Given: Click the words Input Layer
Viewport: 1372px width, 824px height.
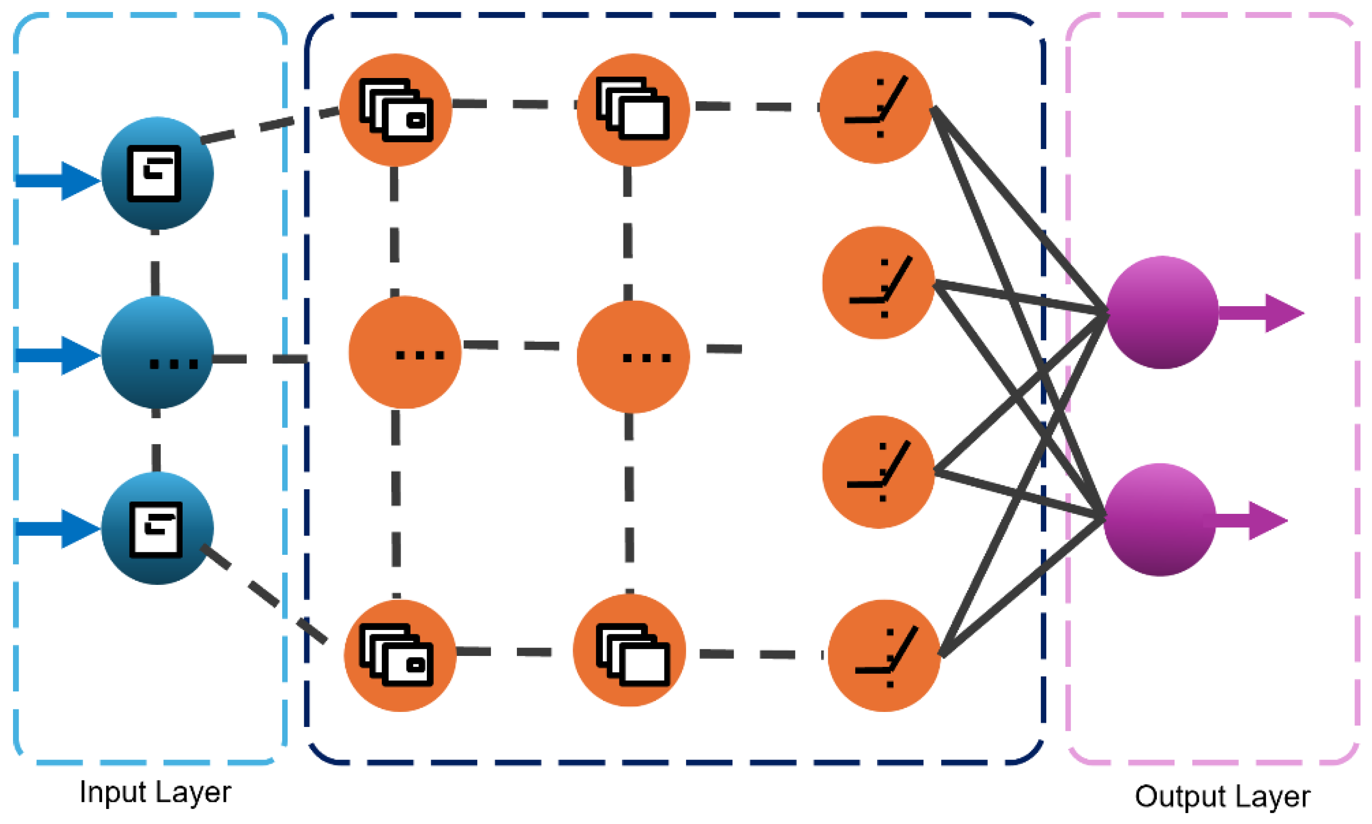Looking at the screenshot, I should coord(155,792).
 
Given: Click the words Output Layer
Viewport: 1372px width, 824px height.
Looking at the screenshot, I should coord(1222,796).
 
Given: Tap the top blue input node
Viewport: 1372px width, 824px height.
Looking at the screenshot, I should coord(157,173).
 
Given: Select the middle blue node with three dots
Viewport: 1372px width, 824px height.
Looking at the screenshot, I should coord(157,353).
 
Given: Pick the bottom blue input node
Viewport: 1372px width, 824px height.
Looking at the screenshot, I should coord(157,528).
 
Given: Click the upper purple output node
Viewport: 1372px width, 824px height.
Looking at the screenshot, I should coord(1162,312).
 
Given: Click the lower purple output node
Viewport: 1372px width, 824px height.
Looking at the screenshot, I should coord(1159,520).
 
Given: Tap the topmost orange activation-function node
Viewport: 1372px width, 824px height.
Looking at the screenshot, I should coord(876,107).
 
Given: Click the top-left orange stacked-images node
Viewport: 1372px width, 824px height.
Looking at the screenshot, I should coord(395,110).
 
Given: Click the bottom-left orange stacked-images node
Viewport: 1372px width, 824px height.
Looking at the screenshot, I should coord(400,655).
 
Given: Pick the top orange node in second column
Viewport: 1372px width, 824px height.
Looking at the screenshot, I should coord(633,110).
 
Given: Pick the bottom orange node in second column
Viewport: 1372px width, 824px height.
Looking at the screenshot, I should coord(629,650).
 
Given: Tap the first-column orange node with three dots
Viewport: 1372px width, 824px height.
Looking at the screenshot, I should coord(405,352).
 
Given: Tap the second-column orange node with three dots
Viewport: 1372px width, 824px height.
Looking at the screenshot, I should coord(633,357).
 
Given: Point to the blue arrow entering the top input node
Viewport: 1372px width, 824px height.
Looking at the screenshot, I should coord(56,181).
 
